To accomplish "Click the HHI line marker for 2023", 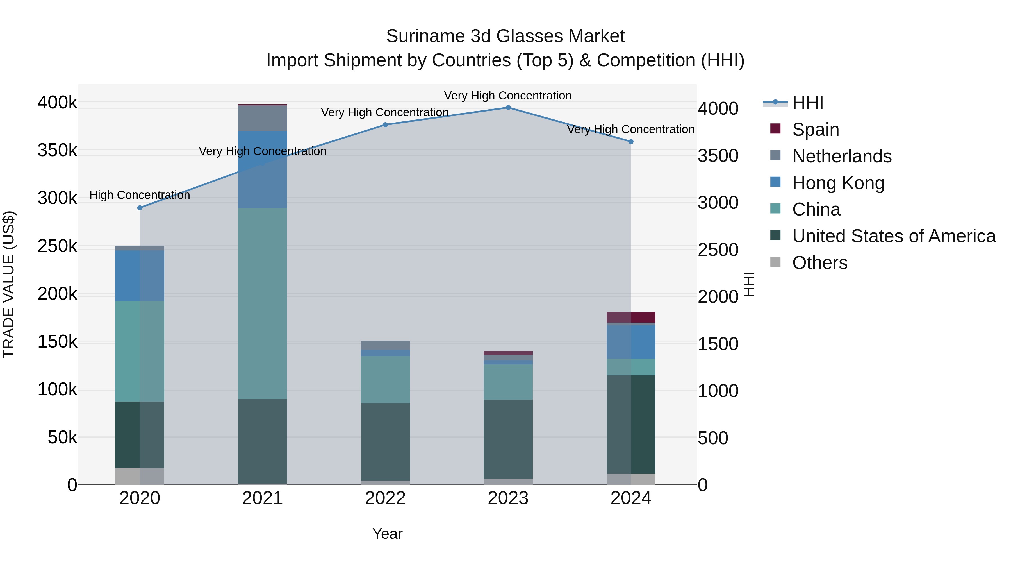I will click(508, 108).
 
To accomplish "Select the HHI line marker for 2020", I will click(140, 208).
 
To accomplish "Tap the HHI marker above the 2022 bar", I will click(385, 125).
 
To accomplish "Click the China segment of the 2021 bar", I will click(263, 303).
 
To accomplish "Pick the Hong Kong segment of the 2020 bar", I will click(140, 276).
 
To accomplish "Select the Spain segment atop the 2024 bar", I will click(631, 317).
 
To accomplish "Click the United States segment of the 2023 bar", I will click(508, 439).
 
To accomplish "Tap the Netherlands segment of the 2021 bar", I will click(263, 118).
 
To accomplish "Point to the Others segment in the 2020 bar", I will click(140, 476).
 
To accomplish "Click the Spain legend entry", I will click(815, 130).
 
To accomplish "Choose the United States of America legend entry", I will click(894, 236).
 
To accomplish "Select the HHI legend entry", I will click(807, 103).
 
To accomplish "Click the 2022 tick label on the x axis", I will click(385, 498).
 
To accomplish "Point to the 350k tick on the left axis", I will click(57, 150).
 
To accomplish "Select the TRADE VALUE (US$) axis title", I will click(9, 284).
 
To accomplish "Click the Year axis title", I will click(387, 534).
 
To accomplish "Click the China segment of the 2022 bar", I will click(385, 379).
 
